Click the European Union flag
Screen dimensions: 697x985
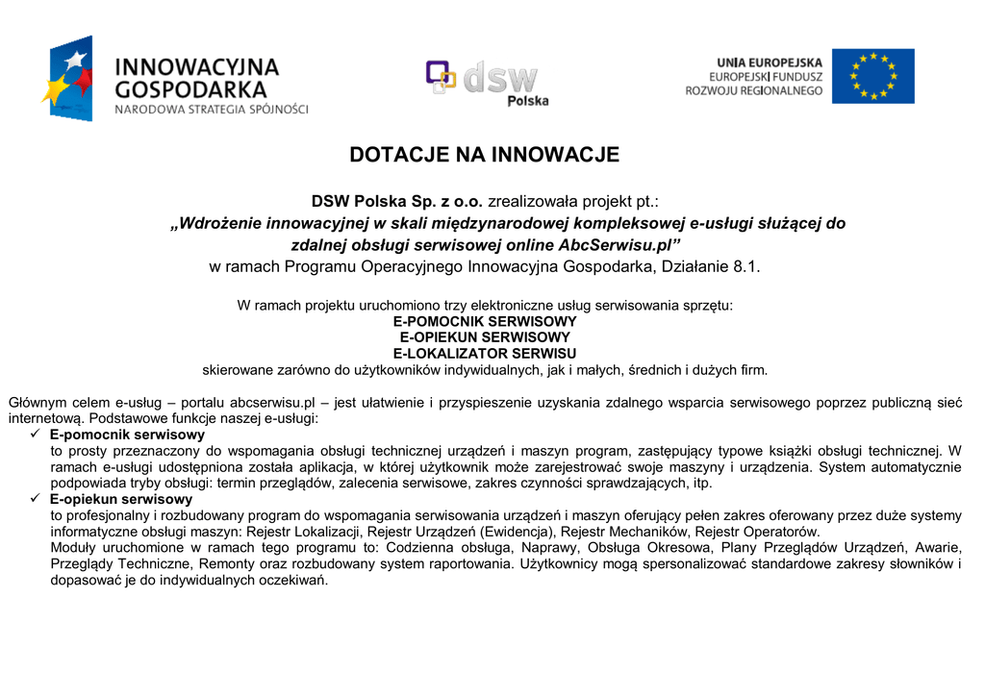(872, 76)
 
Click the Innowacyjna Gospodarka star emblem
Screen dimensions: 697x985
(68, 79)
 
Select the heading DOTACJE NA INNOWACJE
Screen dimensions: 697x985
(484, 155)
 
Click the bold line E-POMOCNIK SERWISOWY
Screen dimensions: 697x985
(485, 321)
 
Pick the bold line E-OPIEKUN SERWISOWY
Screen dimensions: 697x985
(485, 337)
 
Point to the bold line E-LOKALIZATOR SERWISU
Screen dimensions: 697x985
(485, 354)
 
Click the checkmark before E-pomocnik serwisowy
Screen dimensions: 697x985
(36, 435)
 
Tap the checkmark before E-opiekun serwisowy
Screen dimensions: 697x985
(36, 500)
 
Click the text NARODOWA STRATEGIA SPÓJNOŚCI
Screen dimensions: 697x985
(212, 110)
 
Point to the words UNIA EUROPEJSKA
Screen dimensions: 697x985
(769, 62)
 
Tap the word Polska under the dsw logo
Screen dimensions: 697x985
(528, 101)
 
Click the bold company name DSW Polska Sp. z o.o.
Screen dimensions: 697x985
(396, 202)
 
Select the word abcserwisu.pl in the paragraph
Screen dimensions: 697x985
(273, 403)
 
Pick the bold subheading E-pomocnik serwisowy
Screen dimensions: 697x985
(127, 435)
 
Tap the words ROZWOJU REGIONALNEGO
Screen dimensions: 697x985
(754, 90)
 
